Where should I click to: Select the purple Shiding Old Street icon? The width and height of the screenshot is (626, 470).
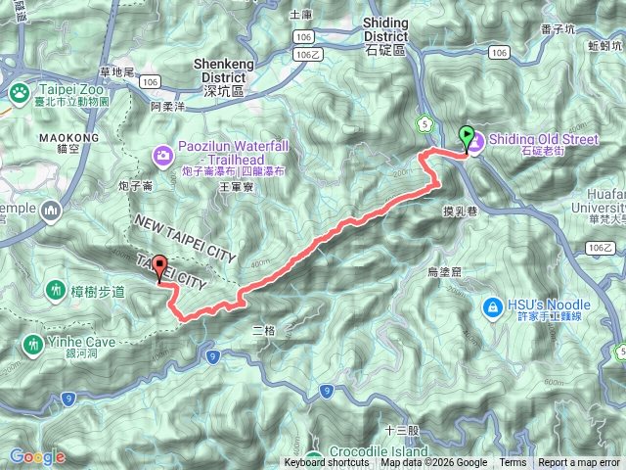[x=476, y=144]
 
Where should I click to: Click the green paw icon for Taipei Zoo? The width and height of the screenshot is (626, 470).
[x=18, y=92]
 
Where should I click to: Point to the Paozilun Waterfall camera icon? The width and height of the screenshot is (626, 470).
[x=162, y=155]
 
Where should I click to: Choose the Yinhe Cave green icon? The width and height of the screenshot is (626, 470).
[x=33, y=344]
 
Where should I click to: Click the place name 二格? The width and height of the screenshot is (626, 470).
[x=264, y=331]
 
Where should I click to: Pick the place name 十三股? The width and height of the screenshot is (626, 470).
[x=402, y=430]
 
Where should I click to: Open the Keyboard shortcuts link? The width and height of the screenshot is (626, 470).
[x=327, y=463]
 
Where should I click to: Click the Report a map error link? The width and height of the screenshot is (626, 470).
[x=580, y=463]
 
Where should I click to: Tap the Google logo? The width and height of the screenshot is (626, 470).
[x=36, y=456]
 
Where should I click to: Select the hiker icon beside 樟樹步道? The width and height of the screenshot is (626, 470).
[x=56, y=292]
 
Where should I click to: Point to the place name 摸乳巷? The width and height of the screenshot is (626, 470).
[x=460, y=210]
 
